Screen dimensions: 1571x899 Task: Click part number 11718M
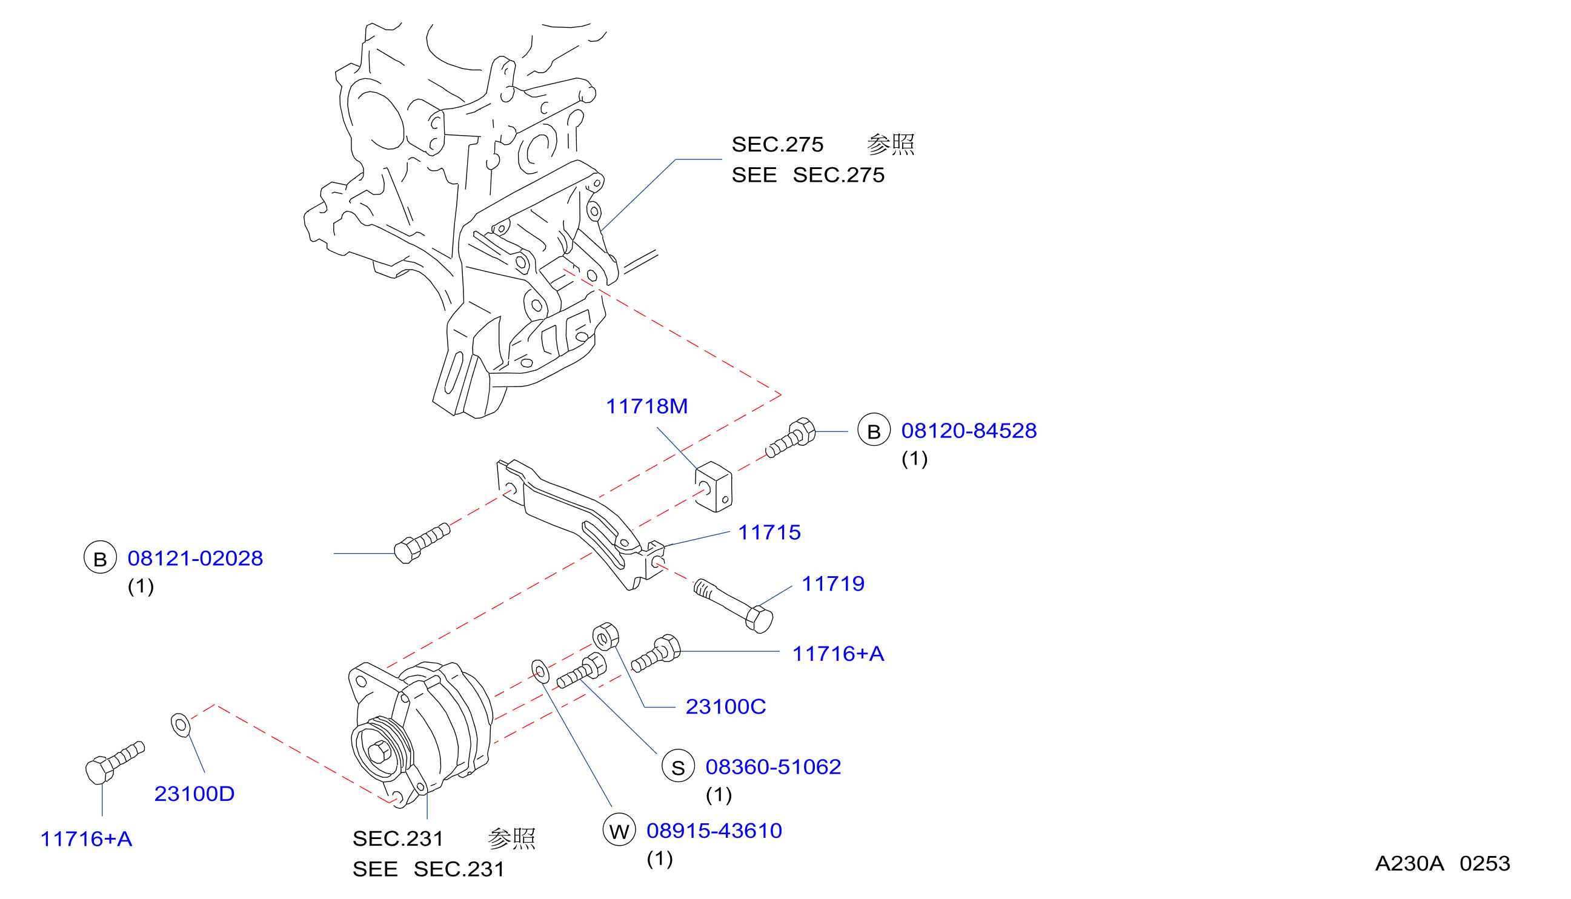pos(646,406)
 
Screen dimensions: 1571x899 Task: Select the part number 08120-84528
pos(969,431)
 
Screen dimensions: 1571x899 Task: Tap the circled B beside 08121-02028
pos(100,557)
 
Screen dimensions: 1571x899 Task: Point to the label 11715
pos(769,532)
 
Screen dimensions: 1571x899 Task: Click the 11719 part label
pos(833,583)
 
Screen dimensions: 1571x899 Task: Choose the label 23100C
pos(726,706)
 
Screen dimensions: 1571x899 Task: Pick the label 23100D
pos(194,794)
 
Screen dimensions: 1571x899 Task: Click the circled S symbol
pos(678,766)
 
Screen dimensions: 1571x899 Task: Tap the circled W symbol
pos(619,830)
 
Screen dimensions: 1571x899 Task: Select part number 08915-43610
pos(714,831)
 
